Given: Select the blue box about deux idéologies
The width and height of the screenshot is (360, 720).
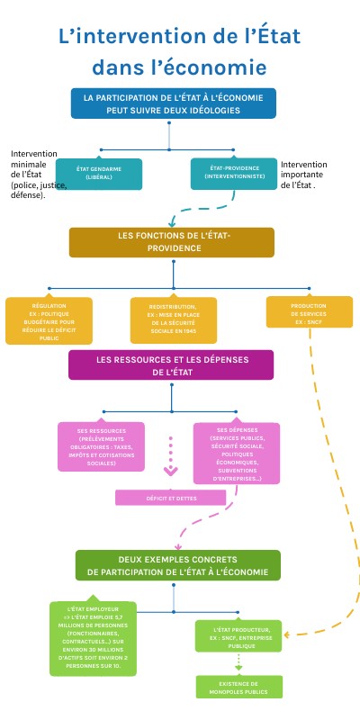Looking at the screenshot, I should click(173, 103).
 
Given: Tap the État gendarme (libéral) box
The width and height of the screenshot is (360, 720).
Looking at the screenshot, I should click(98, 173).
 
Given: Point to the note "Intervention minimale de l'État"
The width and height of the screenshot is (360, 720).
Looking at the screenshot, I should click(31, 174).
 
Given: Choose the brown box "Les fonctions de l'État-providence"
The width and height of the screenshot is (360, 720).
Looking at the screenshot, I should click(172, 241).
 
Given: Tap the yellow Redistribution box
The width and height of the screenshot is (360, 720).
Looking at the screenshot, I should click(173, 321).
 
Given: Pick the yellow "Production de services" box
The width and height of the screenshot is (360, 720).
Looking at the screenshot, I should click(307, 312).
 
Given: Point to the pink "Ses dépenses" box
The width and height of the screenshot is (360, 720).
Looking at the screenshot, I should click(238, 453).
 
